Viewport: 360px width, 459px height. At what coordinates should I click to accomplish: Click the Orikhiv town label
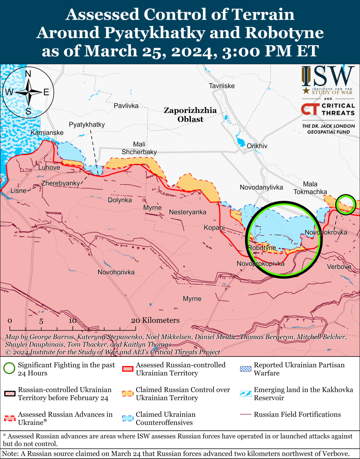(x=257, y=146)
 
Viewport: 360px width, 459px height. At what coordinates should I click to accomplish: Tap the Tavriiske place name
(x=222, y=86)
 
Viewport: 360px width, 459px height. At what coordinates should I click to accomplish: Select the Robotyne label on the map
(x=262, y=248)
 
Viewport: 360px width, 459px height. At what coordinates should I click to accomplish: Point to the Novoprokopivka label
(x=260, y=264)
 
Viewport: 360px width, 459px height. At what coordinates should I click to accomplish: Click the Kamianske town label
(x=47, y=133)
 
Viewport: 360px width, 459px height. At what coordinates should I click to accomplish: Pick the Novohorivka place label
(x=116, y=272)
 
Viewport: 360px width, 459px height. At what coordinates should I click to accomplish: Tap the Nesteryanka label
(x=187, y=212)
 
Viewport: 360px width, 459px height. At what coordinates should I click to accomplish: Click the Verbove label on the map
(x=339, y=266)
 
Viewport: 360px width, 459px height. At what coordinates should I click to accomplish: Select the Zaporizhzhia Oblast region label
(x=190, y=115)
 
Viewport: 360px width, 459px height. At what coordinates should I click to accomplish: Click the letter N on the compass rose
(x=28, y=74)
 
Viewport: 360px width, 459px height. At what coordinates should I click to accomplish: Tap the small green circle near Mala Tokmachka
(x=346, y=204)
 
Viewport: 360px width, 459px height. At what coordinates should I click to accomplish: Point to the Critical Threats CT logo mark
(x=309, y=109)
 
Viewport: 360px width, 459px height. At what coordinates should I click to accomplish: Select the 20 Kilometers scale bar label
(x=155, y=320)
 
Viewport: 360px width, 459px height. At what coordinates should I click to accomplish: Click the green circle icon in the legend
(x=9, y=369)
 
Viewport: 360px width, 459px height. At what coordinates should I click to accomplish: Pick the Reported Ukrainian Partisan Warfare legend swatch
(x=245, y=369)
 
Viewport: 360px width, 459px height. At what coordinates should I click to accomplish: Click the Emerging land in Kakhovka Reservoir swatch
(x=245, y=393)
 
